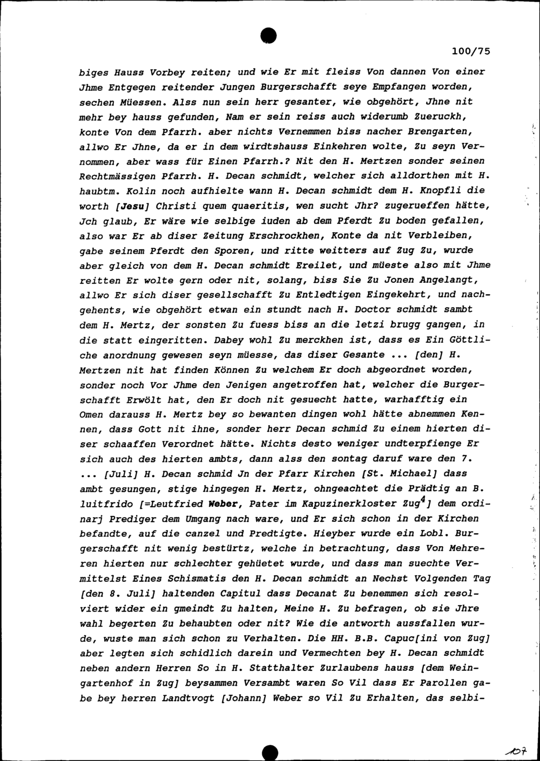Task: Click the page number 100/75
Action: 470,52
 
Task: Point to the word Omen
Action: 91,415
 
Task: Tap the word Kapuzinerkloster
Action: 368,504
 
